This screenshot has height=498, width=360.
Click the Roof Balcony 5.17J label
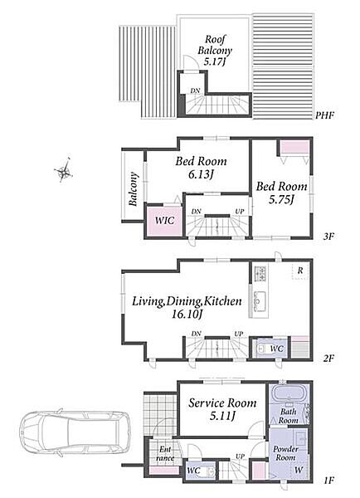(x=215, y=50)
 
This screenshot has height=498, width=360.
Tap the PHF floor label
(x=325, y=115)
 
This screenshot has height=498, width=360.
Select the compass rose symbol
(x=64, y=170)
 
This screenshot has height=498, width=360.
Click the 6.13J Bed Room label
(x=202, y=168)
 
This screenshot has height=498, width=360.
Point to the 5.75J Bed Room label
(x=281, y=193)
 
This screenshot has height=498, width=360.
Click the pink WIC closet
(x=165, y=222)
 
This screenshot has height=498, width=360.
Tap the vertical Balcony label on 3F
(x=134, y=189)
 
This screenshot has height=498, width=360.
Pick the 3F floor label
(x=328, y=237)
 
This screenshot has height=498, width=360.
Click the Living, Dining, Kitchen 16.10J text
(x=187, y=307)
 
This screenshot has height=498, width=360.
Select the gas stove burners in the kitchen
(x=260, y=273)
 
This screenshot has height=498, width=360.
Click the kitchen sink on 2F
(x=259, y=300)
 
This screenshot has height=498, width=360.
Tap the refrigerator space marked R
(x=299, y=271)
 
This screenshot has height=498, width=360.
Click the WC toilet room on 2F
(x=272, y=349)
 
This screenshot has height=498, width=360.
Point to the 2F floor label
(x=328, y=359)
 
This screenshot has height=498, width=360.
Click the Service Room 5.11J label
(x=222, y=408)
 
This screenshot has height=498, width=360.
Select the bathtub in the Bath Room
(x=289, y=395)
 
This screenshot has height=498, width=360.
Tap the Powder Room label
(x=285, y=453)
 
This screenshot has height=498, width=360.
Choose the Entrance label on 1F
(x=165, y=453)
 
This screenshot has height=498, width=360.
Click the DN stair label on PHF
(x=195, y=90)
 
